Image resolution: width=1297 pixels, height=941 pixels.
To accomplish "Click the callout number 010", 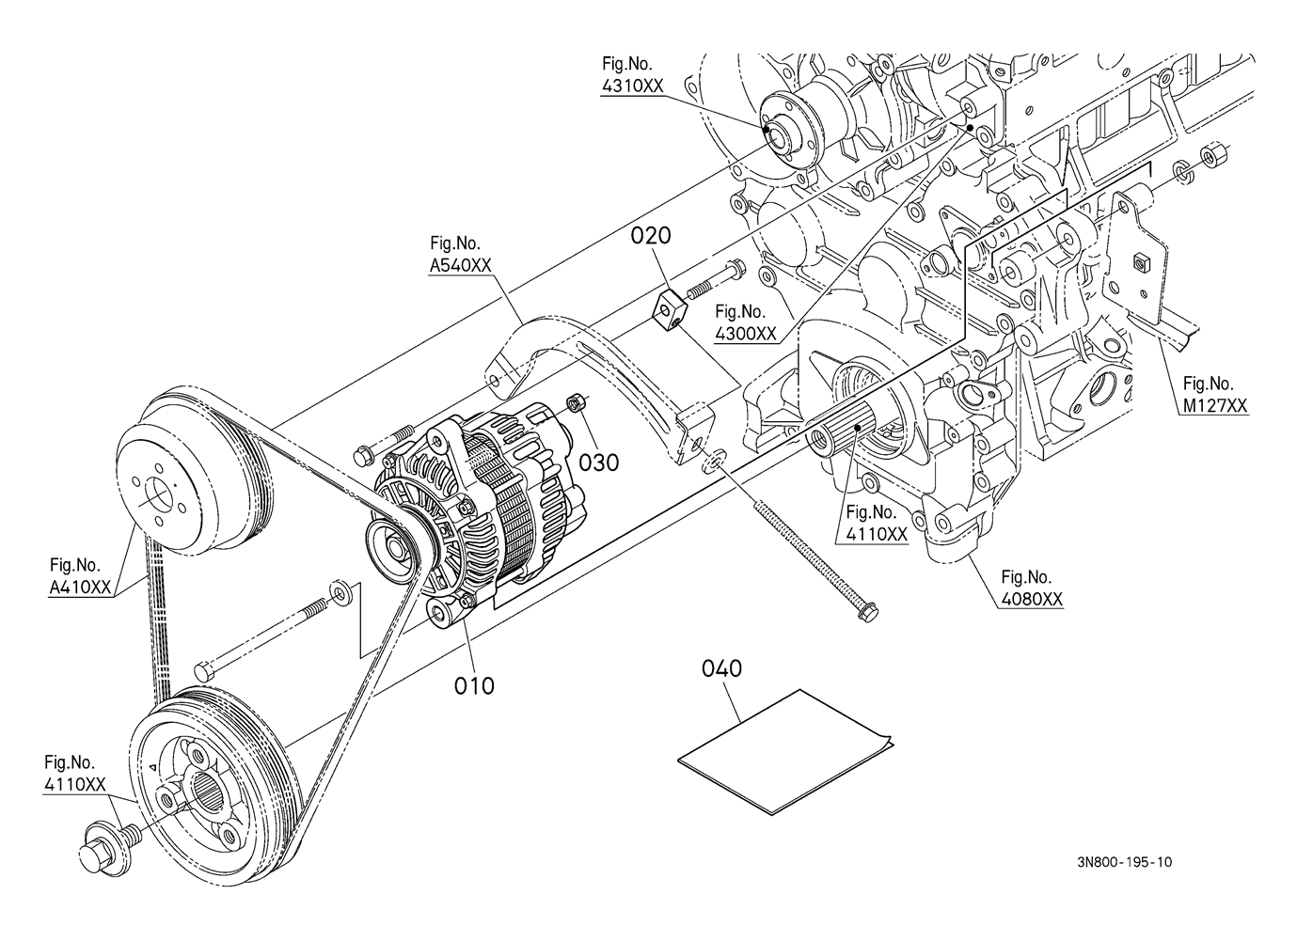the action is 474,686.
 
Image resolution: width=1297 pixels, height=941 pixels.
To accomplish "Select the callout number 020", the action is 651,236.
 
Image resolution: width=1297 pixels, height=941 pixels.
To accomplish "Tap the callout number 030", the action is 599,463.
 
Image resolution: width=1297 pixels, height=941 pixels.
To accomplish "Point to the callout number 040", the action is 721,668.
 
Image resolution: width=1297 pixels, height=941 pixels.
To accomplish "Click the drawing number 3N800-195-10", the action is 1125,879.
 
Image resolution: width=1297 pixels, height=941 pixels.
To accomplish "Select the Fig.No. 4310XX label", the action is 632,74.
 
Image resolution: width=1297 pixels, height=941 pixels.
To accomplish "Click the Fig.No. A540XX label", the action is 460,254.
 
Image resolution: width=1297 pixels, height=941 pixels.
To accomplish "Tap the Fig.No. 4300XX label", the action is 745,322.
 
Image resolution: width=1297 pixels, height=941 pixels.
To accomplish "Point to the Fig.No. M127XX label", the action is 1214,394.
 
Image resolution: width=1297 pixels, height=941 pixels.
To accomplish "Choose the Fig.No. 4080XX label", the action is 1032,588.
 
